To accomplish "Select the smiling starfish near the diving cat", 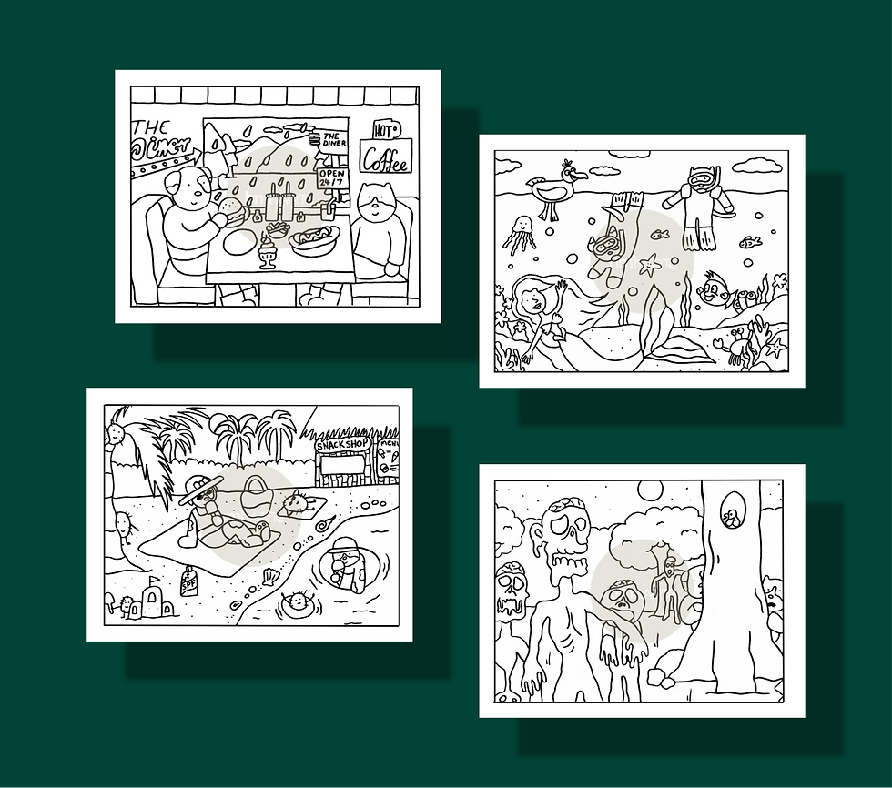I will coord(649,266).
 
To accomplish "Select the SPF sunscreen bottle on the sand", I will coord(189,580).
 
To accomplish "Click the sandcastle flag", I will coord(154,581).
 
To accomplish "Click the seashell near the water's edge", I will coord(269,577).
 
